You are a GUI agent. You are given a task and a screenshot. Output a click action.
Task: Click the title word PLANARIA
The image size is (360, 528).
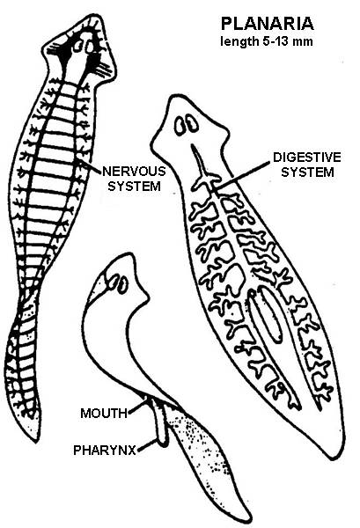tap(268, 24)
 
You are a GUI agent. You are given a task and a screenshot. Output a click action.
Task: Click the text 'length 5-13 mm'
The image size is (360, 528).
tap(267, 41)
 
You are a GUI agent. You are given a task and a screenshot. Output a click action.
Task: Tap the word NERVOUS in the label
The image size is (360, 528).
tap(134, 171)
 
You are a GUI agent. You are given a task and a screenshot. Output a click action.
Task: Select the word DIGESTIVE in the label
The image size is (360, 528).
tap(307, 158)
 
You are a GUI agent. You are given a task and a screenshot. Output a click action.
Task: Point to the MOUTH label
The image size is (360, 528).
tap(104, 414)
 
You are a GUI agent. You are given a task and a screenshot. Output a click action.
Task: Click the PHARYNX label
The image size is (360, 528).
tap(105, 450)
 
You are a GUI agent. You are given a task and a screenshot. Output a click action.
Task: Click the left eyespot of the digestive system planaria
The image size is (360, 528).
tap(180, 126)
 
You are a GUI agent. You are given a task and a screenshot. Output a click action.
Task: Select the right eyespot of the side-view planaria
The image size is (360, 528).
tap(122, 285)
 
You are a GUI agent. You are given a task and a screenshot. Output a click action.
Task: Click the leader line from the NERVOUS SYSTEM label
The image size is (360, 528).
tap(91, 166)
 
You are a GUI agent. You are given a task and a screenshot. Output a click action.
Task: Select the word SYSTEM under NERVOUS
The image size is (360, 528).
tap(134, 187)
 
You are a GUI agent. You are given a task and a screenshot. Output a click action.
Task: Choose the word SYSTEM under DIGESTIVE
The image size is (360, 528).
tap(307, 172)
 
